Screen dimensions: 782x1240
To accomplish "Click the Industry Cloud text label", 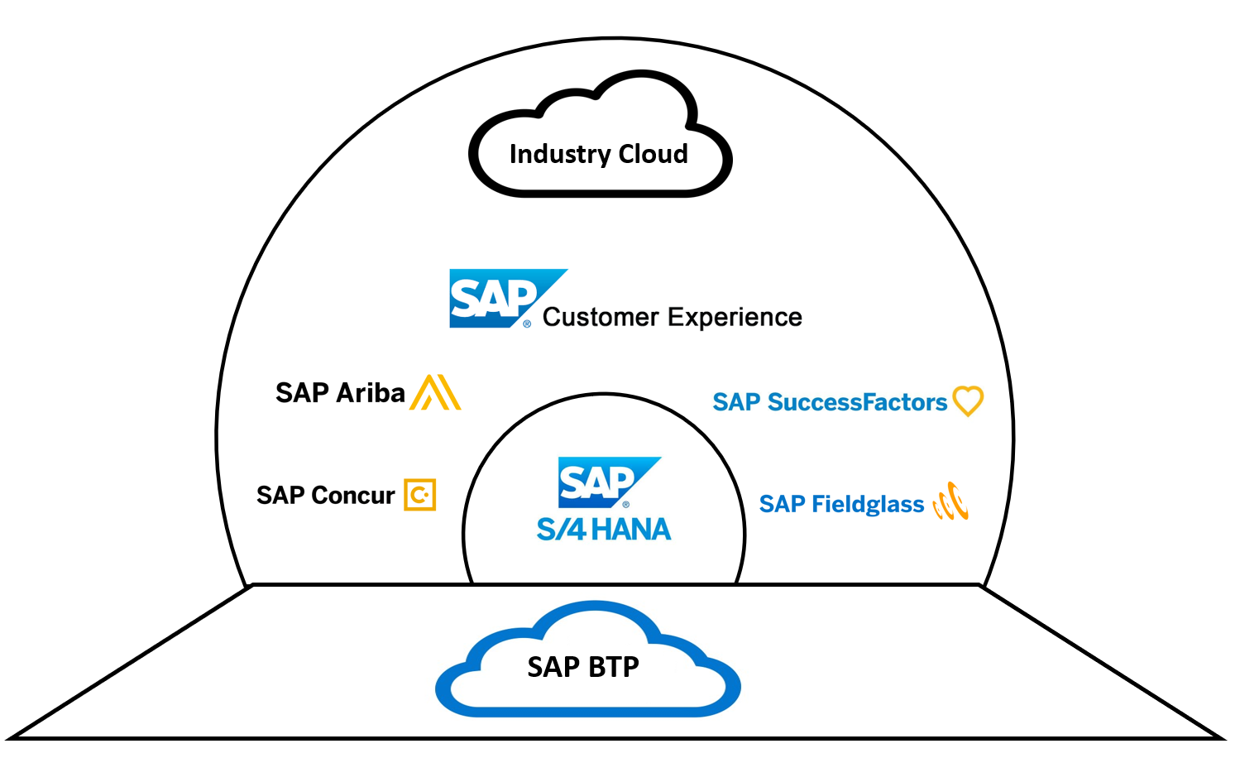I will (x=598, y=154).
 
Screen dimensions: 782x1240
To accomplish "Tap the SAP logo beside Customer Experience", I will (x=495, y=299).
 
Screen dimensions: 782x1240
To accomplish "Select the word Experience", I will (x=735, y=317).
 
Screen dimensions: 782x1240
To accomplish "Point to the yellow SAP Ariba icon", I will (x=435, y=392).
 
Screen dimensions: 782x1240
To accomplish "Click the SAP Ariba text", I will (x=340, y=392).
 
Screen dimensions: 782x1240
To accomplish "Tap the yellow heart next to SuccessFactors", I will (x=967, y=401).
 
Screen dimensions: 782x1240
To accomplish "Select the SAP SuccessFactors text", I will (x=830, y=402).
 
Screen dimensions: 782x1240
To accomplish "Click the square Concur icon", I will (x=419, y=495).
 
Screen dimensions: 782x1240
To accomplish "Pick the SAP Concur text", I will (x=326, y=495).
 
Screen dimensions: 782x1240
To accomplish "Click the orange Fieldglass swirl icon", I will (x=950, y=501).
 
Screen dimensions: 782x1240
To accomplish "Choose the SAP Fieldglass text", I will (x=841, y=504).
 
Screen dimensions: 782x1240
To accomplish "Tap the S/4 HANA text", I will (x=604, y=530).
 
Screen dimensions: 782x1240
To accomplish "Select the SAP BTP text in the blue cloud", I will (x=583, y=667).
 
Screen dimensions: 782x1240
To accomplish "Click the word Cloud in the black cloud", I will (x=654, y=154).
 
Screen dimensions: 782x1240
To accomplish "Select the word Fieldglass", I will (x=868, y=504).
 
